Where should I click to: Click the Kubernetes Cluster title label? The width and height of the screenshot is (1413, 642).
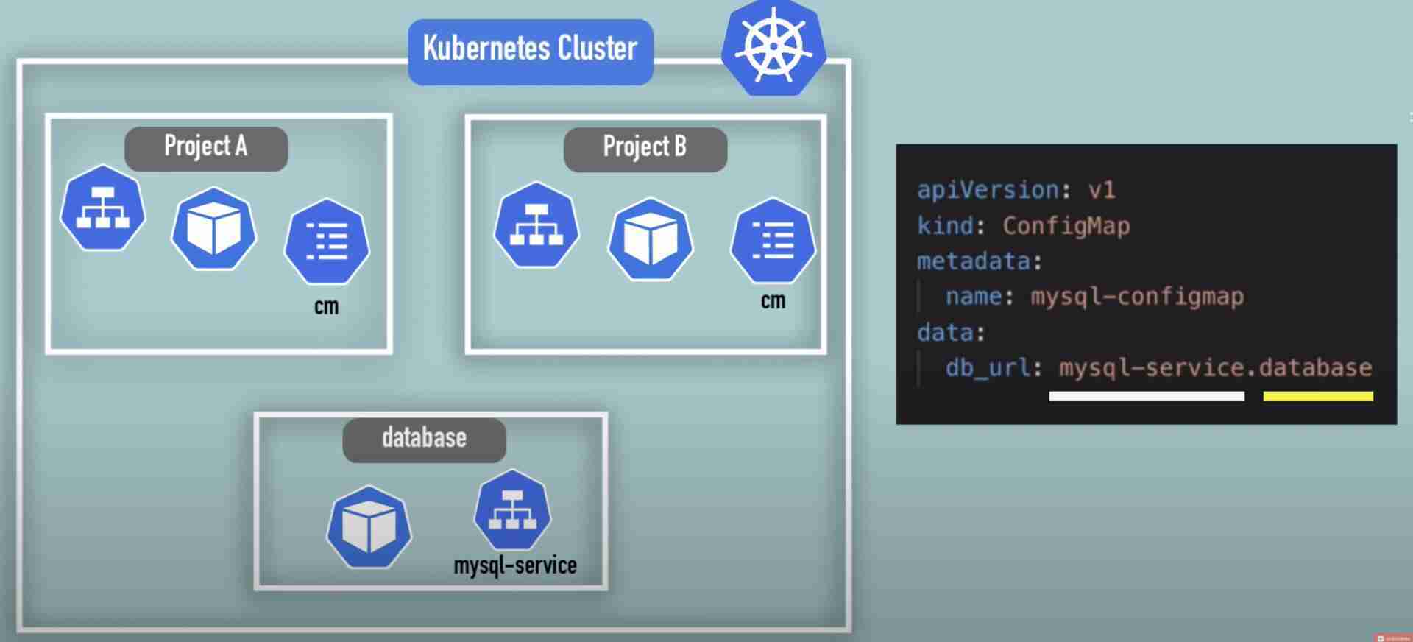coord(530,50)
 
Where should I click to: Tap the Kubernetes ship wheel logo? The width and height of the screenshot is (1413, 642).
coord(773,48)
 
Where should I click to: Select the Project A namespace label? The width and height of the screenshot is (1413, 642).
coord(206,147)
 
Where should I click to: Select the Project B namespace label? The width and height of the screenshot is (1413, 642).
coord(645,148)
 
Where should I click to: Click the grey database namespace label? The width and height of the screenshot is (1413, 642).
coord(424,440)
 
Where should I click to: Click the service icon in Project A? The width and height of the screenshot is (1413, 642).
coord(102,208)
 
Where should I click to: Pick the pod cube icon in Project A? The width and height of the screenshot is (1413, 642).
coord(213,228)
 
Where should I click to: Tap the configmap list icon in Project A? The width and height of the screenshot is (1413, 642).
coord(327,241)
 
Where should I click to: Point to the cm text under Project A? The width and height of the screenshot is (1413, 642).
coord(326,306)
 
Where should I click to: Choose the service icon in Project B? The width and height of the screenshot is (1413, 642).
coord(536,225)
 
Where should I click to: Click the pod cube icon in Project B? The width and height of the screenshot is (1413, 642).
coord(650,239)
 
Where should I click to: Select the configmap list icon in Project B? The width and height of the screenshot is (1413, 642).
coord(772,240)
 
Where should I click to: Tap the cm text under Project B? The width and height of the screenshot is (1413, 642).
coord(773,300)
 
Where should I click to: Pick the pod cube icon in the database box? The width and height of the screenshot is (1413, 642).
coord(369,527)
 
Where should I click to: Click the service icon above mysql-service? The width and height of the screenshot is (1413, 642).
coord(512,509)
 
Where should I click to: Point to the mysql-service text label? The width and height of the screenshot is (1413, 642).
coord(514,565)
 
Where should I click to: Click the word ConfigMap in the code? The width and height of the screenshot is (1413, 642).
coord(1066,225)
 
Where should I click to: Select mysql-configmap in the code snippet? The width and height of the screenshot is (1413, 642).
coord(1137,296)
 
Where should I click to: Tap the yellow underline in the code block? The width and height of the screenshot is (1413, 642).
coord(1317,396)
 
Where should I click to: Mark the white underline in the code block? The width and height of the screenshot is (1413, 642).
coord(1146,396)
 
